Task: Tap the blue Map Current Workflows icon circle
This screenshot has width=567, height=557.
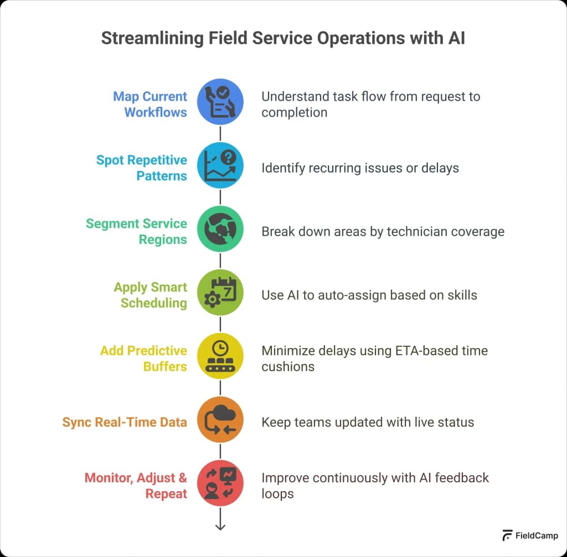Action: [x=220, y=102]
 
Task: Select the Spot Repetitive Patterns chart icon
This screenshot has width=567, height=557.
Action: [x=220, y=165]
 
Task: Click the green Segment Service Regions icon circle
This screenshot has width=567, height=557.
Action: [x=220, y=229]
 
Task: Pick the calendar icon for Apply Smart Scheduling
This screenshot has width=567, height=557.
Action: [x=220, y=293]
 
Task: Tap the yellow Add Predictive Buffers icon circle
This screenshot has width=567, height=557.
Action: [x=220, y=356]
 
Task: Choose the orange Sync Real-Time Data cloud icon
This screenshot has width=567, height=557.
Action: [x=220, y=419]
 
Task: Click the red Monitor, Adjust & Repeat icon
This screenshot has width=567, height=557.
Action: [x=220, y=483]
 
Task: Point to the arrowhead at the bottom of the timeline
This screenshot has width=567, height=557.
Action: [x=220, y=526]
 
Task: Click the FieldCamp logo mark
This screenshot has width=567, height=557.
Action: [x=507, y=535]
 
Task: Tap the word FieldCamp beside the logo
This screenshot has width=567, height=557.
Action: [x=537, y=535]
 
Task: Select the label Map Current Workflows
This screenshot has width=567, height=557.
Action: [x=150, y=104]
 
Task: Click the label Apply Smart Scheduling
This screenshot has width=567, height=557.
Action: [x=151, y=295]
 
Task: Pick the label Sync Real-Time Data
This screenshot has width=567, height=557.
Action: [x=125, y=422]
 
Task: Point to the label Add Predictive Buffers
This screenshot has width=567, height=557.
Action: [x=143, y=358]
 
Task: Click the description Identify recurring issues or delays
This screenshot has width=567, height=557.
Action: [x=360, y=168]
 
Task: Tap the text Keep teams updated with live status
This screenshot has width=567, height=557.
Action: [x=368, y=422]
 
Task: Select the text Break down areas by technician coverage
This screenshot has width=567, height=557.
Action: [x=383, y=231]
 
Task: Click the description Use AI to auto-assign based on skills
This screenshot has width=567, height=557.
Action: [x=369, y=295]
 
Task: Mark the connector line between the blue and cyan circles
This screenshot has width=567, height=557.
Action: [x=220, y=133]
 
